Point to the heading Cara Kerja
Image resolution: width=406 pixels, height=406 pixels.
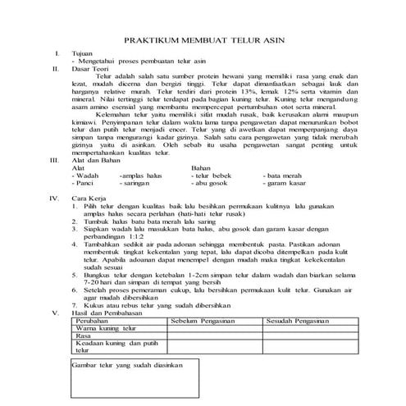(x=90, y=198)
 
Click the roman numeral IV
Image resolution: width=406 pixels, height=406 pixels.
(x=56, y=198)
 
